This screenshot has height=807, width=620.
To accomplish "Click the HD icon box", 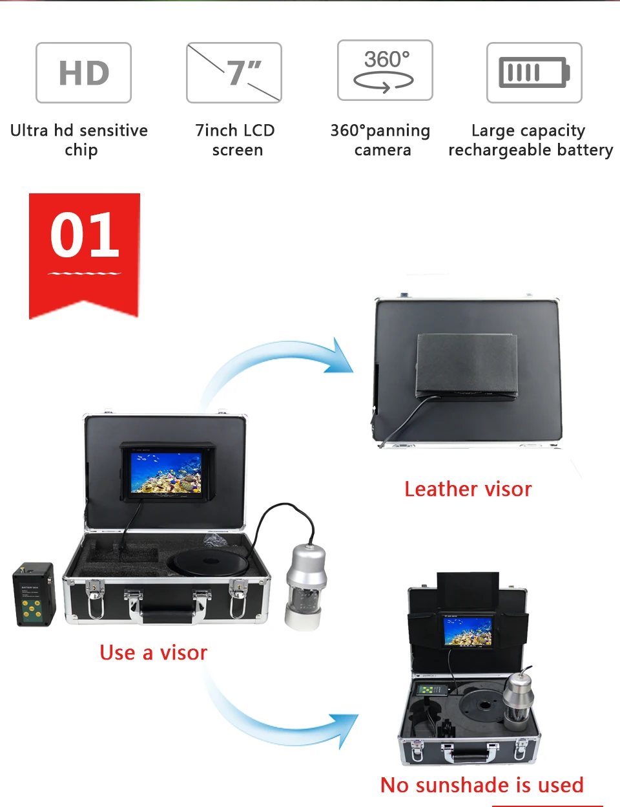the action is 83,72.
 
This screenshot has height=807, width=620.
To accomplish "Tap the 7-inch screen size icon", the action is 234,72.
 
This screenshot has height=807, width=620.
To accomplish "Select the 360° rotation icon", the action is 385,70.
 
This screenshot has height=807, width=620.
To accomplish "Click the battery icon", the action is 534,72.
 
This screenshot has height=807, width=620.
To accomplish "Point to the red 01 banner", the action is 85,252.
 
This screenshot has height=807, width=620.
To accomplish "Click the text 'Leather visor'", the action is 468,489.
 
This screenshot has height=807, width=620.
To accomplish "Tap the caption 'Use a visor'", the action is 154,652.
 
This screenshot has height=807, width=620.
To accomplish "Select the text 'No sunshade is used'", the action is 482,784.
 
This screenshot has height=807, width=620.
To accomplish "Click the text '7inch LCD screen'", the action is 236,140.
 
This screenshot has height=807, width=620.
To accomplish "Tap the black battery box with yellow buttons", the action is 34,594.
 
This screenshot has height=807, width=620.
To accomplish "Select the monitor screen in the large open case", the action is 166,473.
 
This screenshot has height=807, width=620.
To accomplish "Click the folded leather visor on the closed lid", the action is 466,365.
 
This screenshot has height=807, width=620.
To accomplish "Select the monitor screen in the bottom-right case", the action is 466,631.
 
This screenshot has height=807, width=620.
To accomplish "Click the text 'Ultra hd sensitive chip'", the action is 79,140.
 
